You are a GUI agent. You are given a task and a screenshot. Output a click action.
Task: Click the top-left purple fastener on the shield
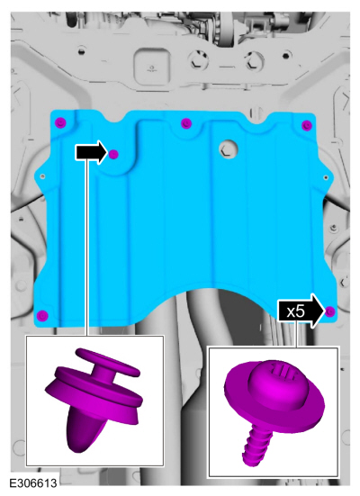pos(60,122)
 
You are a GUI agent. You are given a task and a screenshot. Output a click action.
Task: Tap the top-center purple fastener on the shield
pos(186,123)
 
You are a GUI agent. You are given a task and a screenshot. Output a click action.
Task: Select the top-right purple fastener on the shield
pos(307,125)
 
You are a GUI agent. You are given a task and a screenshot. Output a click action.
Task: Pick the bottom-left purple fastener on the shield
pos(42,315)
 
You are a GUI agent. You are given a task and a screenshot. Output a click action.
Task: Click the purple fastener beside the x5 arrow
pos(330,311)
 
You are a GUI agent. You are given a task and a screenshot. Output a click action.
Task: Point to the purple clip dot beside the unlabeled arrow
pos(113,154)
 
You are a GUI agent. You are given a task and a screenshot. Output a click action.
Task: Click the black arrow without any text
pos(92,152)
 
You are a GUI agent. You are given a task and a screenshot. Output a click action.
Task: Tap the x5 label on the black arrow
pos(295,311)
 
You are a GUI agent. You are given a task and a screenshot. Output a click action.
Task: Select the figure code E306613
pos(33,483)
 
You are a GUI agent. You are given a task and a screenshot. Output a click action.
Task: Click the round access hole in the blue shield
pos(229,149)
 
